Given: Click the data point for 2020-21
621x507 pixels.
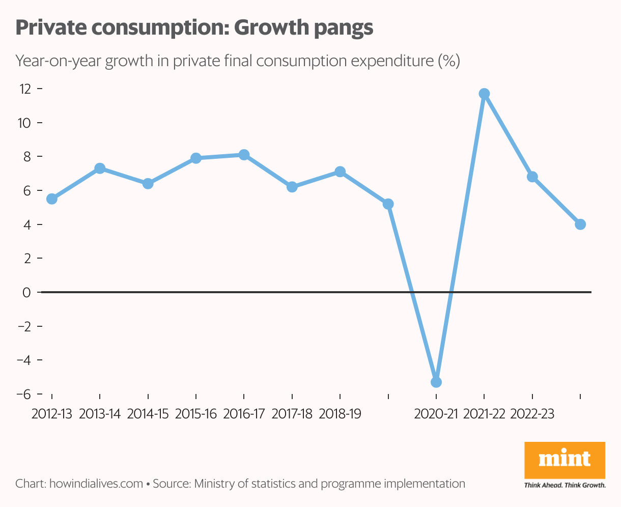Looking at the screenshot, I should pos(436,382).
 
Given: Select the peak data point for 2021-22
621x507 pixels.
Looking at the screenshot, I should pos(484,94).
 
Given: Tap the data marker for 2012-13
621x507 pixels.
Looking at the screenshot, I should pos(51,199).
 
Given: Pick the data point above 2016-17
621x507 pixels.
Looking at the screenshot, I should pos(244,155).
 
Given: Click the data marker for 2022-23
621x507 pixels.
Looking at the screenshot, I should pos(532,177).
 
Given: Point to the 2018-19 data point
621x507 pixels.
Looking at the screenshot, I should pos(340,172).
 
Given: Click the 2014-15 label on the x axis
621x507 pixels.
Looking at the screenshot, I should pos(148,414).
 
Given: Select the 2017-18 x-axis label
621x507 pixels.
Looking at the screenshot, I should pos(292,414).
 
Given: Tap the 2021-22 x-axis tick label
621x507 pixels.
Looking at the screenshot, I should pos(484,414).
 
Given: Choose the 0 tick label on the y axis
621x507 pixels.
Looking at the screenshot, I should pos(27,293).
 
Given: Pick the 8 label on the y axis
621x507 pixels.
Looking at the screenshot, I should pos(27,157).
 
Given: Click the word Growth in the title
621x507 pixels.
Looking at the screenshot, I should pos(270,28).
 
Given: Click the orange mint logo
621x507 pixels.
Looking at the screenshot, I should pos(564,460).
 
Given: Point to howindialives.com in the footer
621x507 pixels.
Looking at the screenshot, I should pos(96,484).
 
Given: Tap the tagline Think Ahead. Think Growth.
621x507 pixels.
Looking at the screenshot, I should pos(564,485).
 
